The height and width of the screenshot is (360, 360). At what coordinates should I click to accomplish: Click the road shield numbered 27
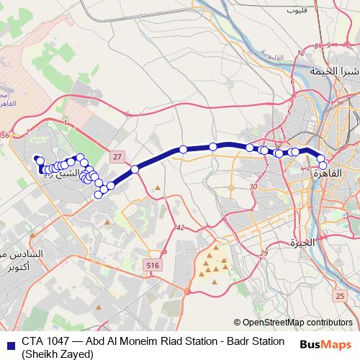pos(117,156)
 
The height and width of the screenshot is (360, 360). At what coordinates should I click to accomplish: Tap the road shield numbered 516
pos(152,266)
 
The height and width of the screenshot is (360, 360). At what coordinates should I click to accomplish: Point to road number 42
pos(179,228)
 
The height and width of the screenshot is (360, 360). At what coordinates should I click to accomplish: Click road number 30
pos(253,186)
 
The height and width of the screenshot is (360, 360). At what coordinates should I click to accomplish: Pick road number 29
pos(264,253)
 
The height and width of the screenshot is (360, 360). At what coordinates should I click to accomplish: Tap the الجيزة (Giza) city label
pos(303,243)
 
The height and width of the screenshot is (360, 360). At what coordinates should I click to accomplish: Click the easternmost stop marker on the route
pos(323,165)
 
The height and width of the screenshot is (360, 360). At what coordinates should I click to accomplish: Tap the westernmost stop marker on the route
pos(40,161)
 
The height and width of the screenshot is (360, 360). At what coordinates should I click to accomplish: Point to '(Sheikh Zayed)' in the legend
pos(58,354)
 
